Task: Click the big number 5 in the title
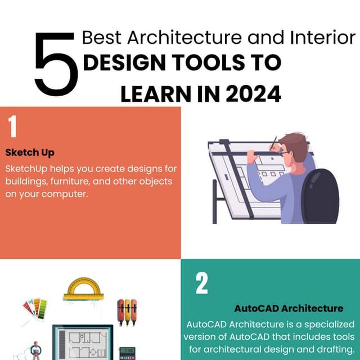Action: [56, 64]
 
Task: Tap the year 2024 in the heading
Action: [253, 94]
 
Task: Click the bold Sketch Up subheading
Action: [30, 152]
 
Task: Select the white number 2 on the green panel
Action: [201, 283]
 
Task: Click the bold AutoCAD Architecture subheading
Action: [289, 308]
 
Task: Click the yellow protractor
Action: [82, 288]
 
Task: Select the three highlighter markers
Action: [127, 312]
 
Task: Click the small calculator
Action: [128, 353]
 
